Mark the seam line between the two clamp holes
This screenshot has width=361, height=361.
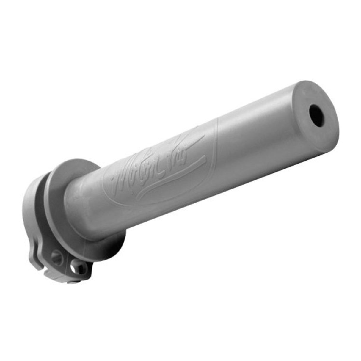66,262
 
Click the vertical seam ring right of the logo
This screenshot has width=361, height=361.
219,143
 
